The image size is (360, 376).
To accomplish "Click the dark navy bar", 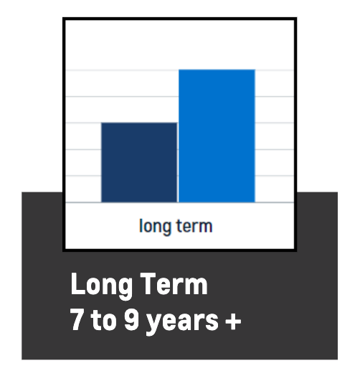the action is tap(139, 162).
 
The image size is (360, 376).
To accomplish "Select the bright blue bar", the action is tap(217, 136).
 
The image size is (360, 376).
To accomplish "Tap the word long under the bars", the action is tap(156, 227).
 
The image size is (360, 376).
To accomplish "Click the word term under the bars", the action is tap(194, 226).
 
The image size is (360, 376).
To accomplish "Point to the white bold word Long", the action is tap(101, 286).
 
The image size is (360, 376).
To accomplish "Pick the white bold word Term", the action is tap(174, 283).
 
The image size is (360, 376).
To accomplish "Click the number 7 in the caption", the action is tap(77, 319).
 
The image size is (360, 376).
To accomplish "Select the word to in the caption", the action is tap(104, 320).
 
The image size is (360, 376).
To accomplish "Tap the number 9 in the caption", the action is tap(132, 319).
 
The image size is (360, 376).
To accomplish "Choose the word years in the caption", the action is tap(183, 322).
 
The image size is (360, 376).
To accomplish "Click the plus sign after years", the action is tap(233, 321).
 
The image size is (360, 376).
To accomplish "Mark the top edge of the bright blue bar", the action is tap(217, 70).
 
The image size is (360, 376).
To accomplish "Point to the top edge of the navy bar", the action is tap(139, 123).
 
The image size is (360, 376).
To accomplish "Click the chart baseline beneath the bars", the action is tap(179, 202).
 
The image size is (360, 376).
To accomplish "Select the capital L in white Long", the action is tap(78, 283).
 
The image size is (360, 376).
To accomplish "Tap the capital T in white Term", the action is tap(148, 283).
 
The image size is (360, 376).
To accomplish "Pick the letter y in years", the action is tap(154, 324).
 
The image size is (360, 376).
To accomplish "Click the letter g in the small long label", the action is tap(166, 229).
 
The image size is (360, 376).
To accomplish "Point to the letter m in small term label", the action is tap(205, 227).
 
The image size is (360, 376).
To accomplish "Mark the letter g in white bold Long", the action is tap(125, 289).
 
